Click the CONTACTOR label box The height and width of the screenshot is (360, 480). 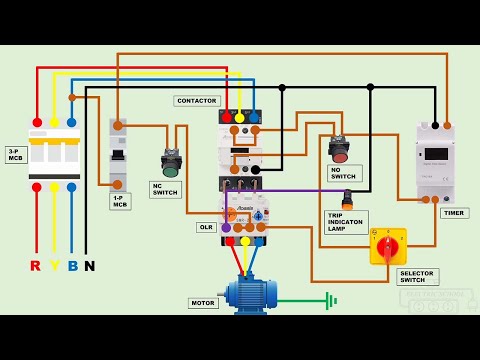tap(197, 101)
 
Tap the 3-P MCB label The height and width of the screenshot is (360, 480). tap(16, 154)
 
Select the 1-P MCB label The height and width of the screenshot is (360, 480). tap(120, 201)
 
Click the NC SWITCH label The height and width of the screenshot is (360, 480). tap(165, 189)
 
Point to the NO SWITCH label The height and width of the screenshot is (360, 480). tap(344, 173)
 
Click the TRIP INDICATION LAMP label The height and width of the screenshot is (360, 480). tap(346, 221)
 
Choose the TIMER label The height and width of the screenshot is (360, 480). tap(454, 213)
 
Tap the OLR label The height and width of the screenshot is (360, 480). tap(206, 227)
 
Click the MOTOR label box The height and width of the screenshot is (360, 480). tap(203, 302)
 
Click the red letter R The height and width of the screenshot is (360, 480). tap(36, 266)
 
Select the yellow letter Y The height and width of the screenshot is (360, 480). tap(54, 266)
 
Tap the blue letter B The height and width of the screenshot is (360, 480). tap(72, 266)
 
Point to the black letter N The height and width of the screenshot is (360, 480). tap(89, 266)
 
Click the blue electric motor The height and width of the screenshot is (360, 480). tap(250, 294)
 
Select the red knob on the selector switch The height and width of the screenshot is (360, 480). tap(388, 244)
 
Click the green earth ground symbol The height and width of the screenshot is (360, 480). tap(329, 300)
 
